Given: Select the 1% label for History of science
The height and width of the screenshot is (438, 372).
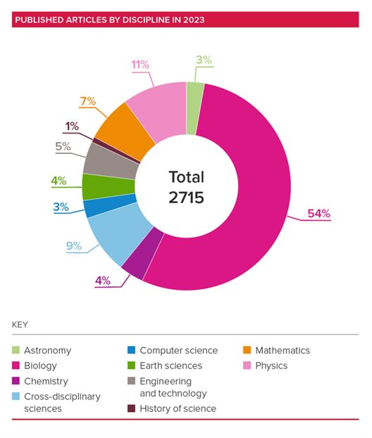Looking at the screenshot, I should (72, 127).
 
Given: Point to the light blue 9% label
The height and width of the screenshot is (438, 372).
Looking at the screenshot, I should (74, 246).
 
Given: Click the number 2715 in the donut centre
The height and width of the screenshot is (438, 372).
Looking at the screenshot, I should (186, 198).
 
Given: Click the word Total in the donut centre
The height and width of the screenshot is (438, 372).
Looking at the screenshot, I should (186, 177).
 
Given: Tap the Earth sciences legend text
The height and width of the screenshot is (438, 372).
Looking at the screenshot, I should (170, 366).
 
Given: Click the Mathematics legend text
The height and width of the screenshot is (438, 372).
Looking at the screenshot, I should (282, 350).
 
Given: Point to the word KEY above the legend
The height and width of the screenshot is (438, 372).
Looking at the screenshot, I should (20, 325).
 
